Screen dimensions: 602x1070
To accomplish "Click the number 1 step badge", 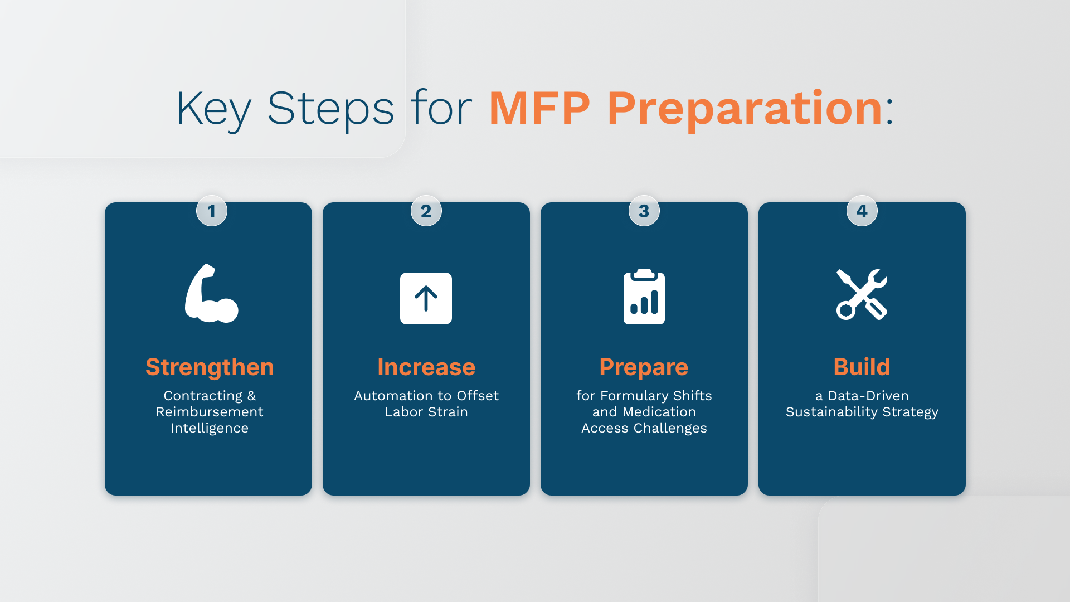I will click(x=212, y=211).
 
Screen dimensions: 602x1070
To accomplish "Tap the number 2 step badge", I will click(x=426, y=211).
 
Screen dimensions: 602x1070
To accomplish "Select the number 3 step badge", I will click(x=644, y=211).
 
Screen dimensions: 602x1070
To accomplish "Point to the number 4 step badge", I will click(x=862, y=211).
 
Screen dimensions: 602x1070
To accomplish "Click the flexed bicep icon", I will click(x=211, y=293).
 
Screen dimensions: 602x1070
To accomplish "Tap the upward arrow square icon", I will click(x=426, y=298).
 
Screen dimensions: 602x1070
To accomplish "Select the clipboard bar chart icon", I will click(x=644, y=297).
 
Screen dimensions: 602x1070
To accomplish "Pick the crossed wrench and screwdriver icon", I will click(x=862, y=294).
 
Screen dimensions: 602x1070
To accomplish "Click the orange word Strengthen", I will click(x=210, y=367).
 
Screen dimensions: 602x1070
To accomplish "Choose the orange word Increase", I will click(x=426, y=367).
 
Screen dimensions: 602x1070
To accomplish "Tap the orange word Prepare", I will click(x=644, y=367).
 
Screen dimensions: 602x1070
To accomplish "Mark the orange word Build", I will click(x=862, y=367).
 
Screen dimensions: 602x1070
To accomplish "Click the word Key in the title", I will click(x=214, y=109).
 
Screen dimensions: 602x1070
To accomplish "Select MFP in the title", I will click(x=539, y=108).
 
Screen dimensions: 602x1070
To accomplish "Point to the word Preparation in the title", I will click(x=745, y=109).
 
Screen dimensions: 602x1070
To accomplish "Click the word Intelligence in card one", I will click(x=210, y=428).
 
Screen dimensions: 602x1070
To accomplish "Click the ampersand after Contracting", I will click(x=252, y=396).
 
